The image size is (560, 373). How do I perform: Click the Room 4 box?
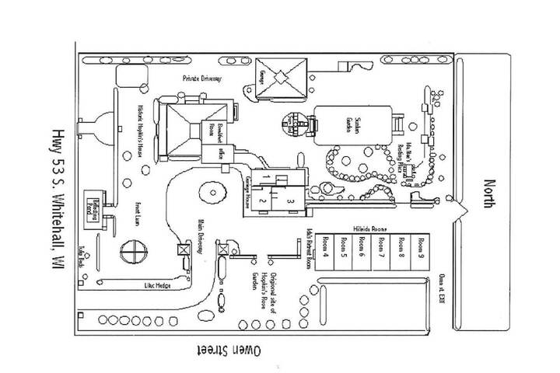click(326, 253)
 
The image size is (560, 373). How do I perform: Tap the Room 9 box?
click(421, 253)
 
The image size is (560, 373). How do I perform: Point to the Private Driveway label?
click(204, 78)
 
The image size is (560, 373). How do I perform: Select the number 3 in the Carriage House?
click(289, 200)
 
